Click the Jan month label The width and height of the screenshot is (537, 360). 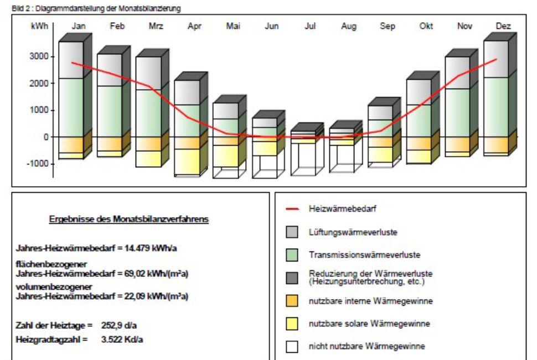click(78, 26)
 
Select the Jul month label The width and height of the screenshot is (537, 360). click(310, 26)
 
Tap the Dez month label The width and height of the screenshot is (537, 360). click(504, 26)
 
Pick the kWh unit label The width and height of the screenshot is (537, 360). click(39, 26)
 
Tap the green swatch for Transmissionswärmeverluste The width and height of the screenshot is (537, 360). click(292, 255)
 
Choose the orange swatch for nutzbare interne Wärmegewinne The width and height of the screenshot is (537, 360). click(292, 301)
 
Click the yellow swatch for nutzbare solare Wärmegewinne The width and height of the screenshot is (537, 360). click(292, 324)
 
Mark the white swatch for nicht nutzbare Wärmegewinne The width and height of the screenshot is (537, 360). click(292, 347)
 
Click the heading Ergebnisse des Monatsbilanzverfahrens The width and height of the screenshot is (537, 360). click(129, 219)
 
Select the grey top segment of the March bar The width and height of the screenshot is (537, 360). click(148, 73)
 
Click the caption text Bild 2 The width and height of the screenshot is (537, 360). click(21, 8)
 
